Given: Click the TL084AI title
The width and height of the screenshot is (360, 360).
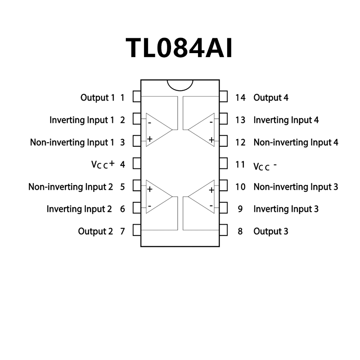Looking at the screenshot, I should pos(179,47).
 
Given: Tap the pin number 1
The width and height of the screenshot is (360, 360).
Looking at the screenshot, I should pos(122,98).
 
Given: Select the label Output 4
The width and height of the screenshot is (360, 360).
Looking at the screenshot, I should pos(271,98).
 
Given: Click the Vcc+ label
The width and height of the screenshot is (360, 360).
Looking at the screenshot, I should pos(103,164).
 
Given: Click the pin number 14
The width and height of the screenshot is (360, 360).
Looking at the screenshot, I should pos(240,98).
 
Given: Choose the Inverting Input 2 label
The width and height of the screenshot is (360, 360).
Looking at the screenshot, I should pos(79,209).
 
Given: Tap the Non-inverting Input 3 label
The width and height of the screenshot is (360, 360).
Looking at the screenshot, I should pos(296,187).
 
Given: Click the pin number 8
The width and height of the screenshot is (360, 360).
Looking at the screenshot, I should pos(240,231).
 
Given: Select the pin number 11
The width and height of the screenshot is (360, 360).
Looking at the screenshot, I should pos(240,165).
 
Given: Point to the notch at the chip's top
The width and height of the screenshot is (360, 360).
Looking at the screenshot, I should pos(180,84).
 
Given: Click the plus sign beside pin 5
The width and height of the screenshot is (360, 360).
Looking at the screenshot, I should pos(150,189).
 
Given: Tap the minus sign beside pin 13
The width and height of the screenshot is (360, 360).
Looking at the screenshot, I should pos(211,123).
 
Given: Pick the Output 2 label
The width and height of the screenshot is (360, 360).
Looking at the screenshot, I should pos(95,231).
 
